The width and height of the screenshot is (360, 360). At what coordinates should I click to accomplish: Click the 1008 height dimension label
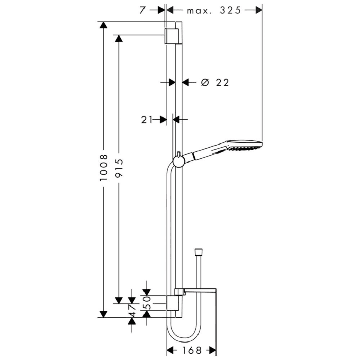pos(103,169)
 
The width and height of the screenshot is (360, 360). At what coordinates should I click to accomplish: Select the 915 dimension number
pos(119,169)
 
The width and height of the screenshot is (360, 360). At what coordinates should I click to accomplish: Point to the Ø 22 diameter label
pos(214,82)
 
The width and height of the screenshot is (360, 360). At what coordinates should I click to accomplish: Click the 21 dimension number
pos(147,119)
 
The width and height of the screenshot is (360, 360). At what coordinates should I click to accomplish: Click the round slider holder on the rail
pos(178,163)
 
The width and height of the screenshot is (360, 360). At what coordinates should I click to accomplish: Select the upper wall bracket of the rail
pos(173,38)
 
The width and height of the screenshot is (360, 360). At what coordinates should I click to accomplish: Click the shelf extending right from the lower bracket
pos(201,292)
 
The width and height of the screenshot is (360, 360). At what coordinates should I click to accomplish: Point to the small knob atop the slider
pos(178,155)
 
